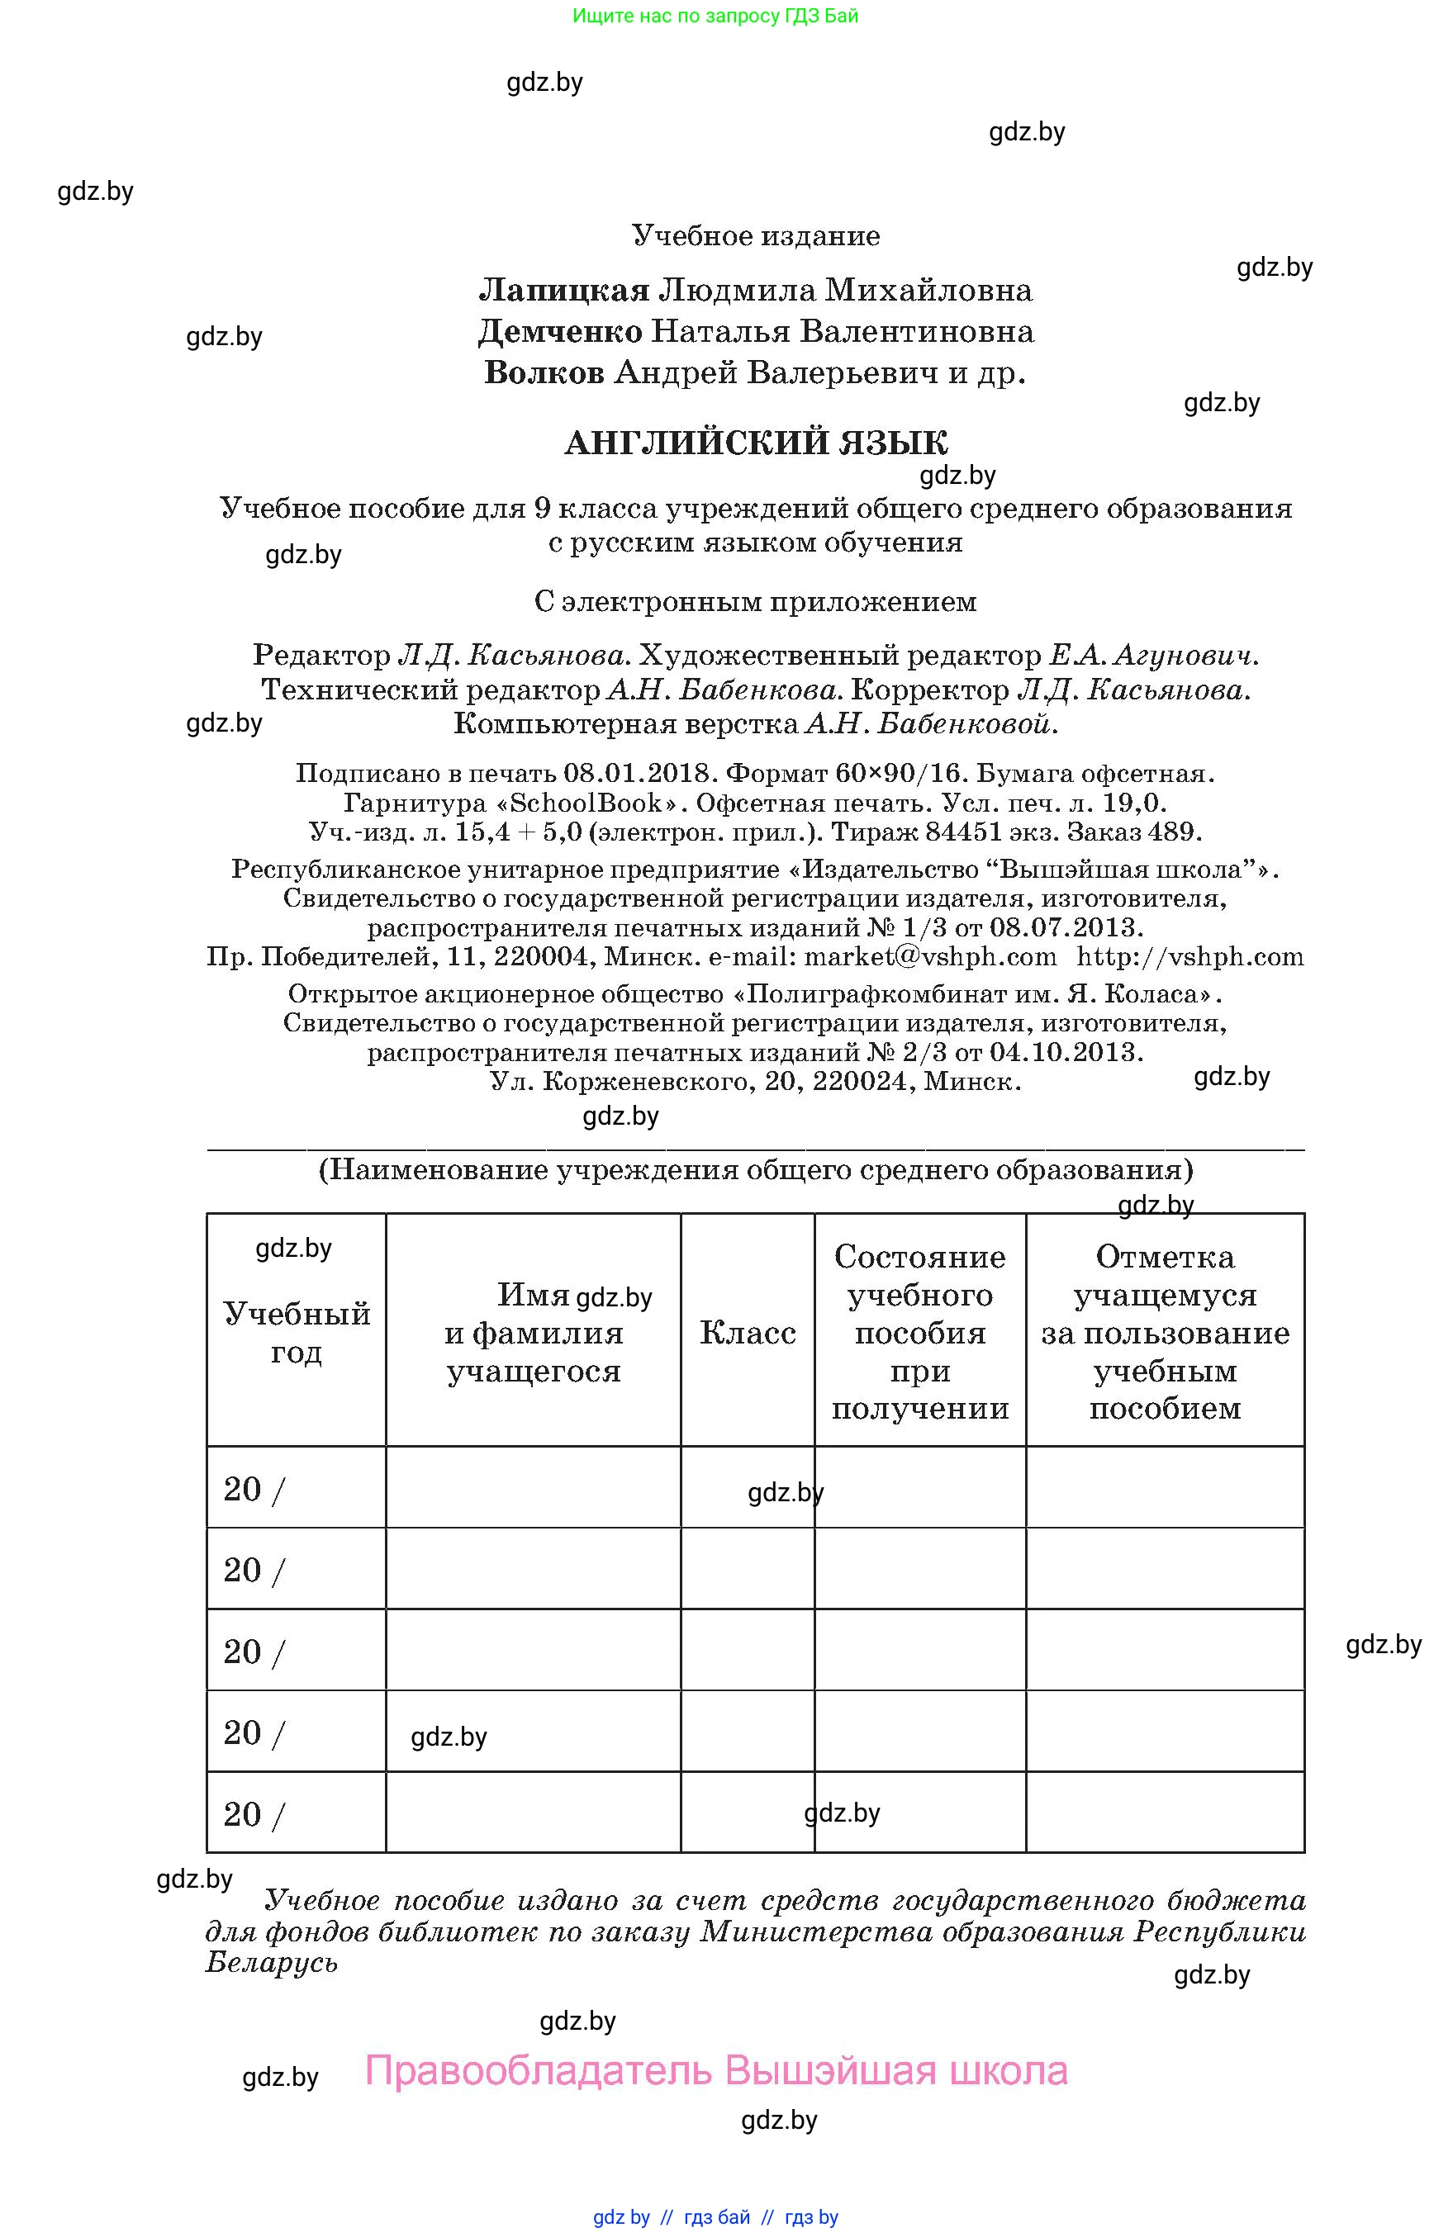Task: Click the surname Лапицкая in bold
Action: (563, 291)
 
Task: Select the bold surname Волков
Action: (544, 372)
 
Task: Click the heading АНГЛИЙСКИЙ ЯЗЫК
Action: (755, 442)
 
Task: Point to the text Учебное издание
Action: (755, 235)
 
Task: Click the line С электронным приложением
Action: (755, 601)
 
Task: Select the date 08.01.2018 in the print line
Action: (639, 773)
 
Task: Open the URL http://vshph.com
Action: (1190, 956)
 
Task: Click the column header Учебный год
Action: (296, 1331)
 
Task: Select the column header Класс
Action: (747, 1332)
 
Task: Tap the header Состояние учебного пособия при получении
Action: (920, 1332)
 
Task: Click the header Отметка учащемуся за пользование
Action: (1165, 1332)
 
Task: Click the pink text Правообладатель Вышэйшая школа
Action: (715, 2070)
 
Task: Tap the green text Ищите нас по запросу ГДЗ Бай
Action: (715, 16)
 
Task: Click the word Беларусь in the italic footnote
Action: (271, 1961)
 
